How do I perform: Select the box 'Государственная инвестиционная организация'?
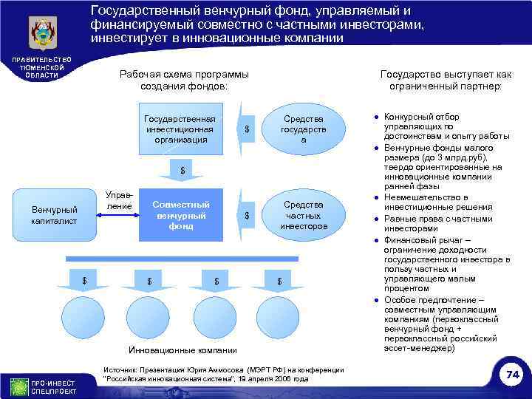(x=180, y=129)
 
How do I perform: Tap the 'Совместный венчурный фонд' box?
(x=180, y=215)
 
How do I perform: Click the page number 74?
(x=512, y=375)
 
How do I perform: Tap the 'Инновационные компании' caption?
(x=183, y=349)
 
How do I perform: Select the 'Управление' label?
(x=119, y=199)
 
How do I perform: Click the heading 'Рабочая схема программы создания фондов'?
(x=184, y=80)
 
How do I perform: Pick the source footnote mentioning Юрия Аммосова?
(x=223, y=374)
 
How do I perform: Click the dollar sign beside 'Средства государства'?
(x=247, y=131)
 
